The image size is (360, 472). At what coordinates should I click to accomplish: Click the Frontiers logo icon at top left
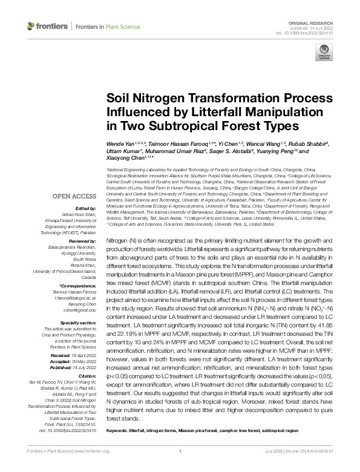[32, 27]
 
